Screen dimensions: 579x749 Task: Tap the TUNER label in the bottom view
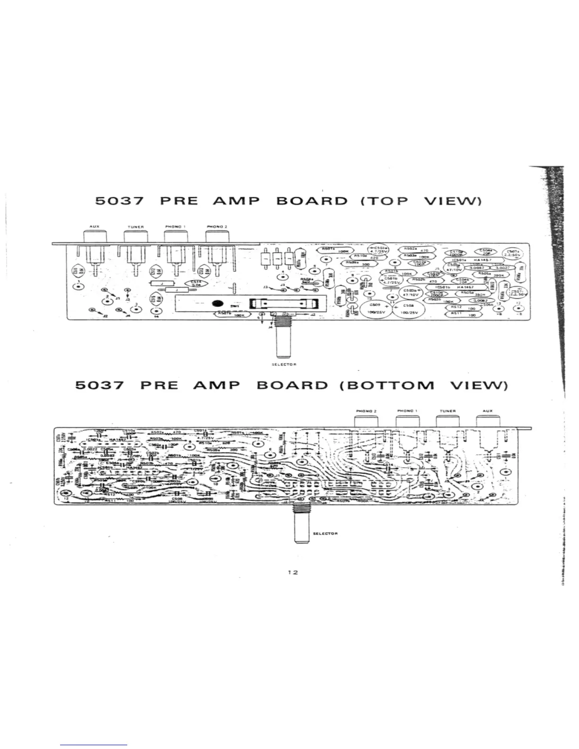pos(447,411)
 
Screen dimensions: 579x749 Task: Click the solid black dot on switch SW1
pos(217,304)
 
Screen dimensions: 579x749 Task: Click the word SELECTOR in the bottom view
pos(325,533)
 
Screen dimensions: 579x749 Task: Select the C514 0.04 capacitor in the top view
pos(196,283)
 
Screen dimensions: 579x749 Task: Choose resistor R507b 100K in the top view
pos(231,314)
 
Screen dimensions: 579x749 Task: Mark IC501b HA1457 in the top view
pos(455,287)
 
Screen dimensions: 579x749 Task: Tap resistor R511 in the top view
pos(464,314)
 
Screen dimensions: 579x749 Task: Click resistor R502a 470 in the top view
pos(415,249)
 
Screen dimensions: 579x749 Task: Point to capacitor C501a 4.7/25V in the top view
pos(378,250)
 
